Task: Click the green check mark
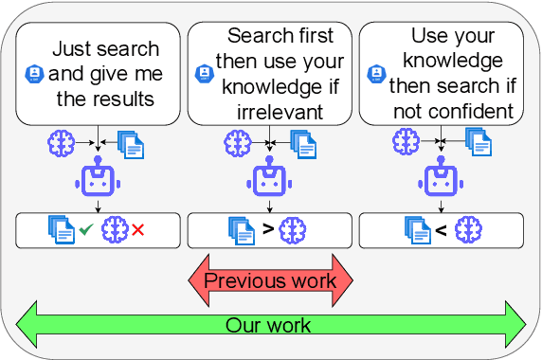[x=85, y=229]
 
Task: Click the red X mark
[x=138, y=229]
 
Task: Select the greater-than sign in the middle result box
[x=268, y=229]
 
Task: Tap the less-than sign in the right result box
[x=440, y=229]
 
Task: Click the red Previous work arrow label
[x=270, y=280]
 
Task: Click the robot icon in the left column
[x=98, y=180]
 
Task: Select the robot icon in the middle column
[x=270, y=180]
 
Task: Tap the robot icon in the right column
[x=441, y=180]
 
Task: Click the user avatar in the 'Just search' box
[x=34, y=73]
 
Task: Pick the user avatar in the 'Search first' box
[x=203, y=73]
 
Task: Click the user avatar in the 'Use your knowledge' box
[x=374, y=73]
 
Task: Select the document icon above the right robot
[x=479, y=143]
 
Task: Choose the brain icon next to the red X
[x=116, y=229]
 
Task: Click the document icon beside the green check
[x=62, y=229]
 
